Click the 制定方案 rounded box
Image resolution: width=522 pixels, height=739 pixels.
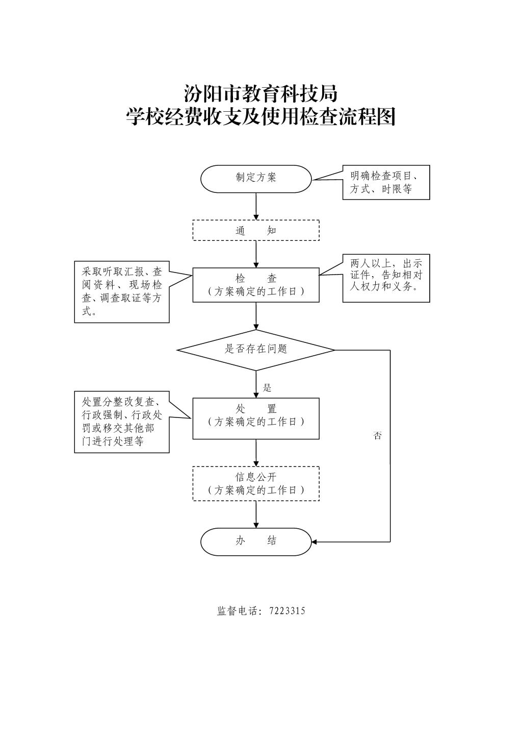tap(256, 179)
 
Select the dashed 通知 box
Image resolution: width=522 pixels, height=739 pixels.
tap(256, 230)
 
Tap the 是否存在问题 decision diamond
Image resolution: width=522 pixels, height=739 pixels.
tap(256, 350)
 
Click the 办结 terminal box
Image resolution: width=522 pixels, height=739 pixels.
tap(256, 541)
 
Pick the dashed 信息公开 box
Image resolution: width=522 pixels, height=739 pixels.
tap(256, 483)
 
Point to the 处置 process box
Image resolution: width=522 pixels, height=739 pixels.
tap(256, 418)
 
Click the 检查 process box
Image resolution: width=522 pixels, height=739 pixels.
tap(256, 285)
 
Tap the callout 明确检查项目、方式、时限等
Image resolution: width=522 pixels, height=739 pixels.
tap(386, 182)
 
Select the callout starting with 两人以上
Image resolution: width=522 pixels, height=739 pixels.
tap(386, 278)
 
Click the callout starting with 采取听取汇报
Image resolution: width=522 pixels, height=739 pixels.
tap(122, 292)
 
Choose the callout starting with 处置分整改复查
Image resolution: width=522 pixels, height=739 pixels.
tap(122, 422)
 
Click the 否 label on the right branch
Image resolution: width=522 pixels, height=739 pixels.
tap(377, 436)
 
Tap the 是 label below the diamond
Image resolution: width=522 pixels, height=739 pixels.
tap(267, 388)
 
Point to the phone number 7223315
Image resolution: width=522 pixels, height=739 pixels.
tap(287, 611)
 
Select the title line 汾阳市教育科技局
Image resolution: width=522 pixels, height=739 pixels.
tap(260, 94)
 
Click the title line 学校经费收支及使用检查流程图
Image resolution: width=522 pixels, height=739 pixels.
tap(260, 117)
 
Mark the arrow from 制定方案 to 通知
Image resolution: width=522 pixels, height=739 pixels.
tap(256, 206)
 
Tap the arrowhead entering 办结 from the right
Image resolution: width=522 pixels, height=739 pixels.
tap(315, 541)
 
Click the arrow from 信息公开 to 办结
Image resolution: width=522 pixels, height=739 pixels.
tap(256, 514)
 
